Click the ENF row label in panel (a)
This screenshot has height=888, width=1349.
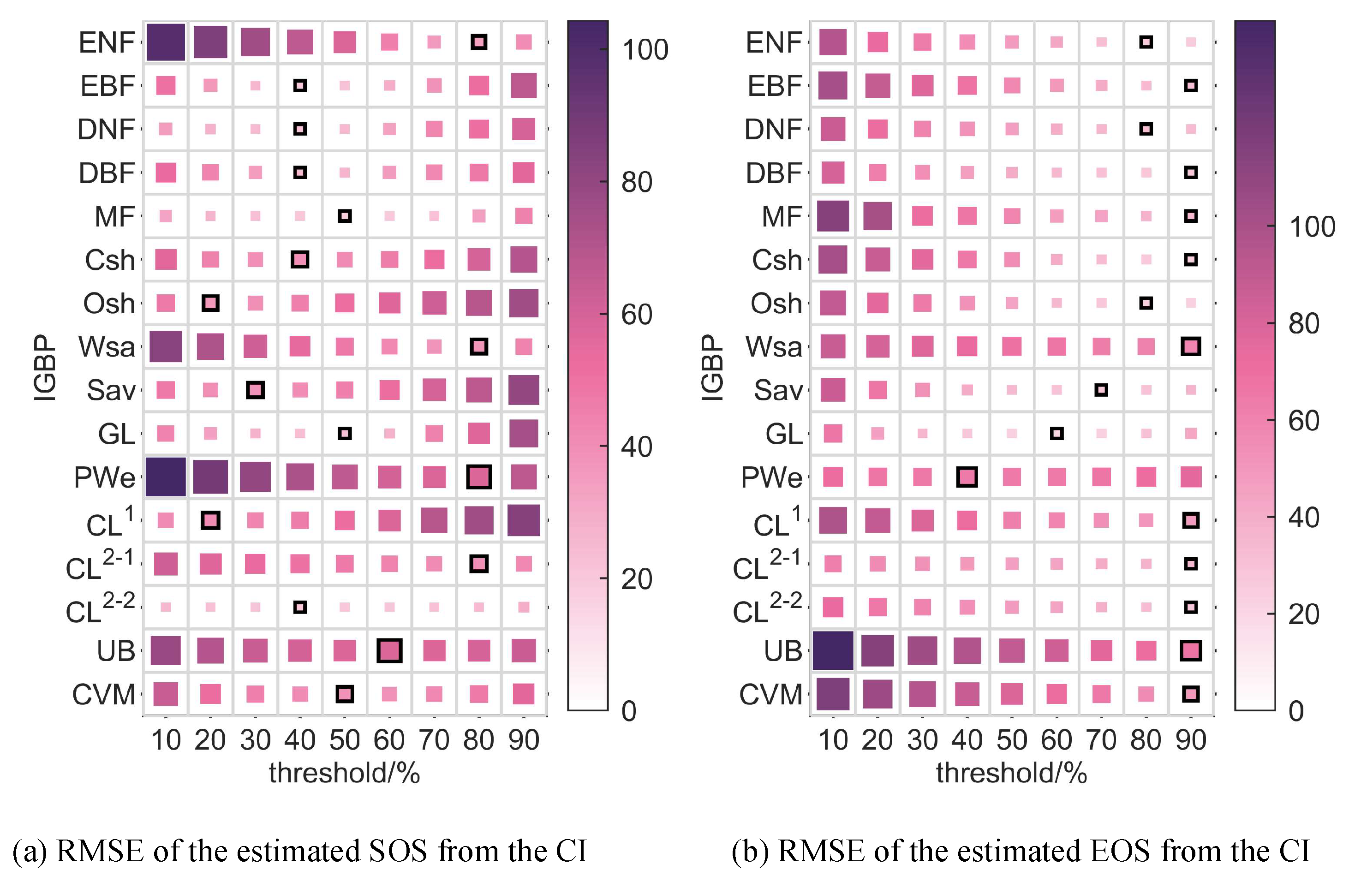(107, 42)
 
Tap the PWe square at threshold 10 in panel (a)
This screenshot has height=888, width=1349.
(166, 477)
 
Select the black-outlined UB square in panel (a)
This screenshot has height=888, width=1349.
(389, 650)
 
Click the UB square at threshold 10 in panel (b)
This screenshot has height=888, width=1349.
(833, 650)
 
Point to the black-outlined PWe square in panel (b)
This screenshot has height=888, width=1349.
(967, 477)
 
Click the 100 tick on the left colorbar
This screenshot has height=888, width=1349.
(645, 50)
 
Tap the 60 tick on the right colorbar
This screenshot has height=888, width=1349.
(1304, 421)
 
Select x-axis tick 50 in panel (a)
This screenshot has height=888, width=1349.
(345, 740)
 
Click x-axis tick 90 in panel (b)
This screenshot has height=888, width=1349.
(1191, 740)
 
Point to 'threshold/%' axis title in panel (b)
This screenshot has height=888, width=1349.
(1011, 773)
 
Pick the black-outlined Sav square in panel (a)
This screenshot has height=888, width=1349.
(255, 390)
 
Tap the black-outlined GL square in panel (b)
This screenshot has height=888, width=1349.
(1057, 434)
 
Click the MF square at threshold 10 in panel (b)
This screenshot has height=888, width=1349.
(833, 216)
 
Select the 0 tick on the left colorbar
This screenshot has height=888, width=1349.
(628, 711)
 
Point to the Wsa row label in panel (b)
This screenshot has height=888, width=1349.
(774, 347)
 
